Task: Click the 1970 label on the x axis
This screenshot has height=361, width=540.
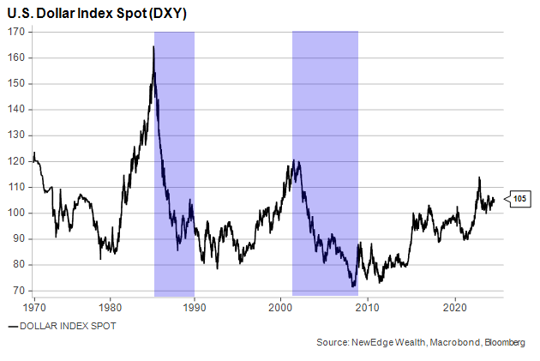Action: coord(34,306)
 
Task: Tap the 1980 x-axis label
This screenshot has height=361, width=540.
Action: coord(110,306)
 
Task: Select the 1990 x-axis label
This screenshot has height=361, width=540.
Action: coord(195,306)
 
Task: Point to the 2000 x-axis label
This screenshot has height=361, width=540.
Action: coord(282,306)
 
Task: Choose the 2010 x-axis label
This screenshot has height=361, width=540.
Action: coord(368,306)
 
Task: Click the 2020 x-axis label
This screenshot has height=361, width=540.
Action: coord(454,306)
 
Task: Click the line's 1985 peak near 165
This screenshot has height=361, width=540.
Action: coord(153,46)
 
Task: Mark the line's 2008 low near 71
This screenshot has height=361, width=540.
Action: coord(352,286)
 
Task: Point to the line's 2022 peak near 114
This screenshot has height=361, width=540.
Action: coord(479,177)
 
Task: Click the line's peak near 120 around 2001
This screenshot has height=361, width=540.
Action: coord(293,160)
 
